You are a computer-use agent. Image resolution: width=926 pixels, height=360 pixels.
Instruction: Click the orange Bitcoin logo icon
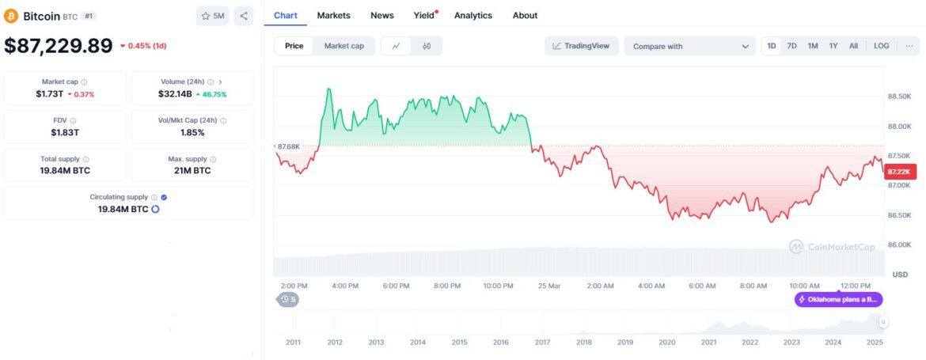coord(11,16)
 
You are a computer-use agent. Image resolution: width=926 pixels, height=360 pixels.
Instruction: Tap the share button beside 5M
coord(244,16)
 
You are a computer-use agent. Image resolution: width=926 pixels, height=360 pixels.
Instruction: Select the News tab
coord(381,15)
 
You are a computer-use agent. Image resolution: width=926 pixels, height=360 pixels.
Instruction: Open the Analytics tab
coord(472,15)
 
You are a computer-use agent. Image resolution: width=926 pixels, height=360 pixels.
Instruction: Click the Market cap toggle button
coord(344,46)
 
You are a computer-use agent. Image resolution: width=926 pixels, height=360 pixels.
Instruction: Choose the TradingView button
coord(581,46)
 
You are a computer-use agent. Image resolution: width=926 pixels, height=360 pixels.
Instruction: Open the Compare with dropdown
coord(689,47)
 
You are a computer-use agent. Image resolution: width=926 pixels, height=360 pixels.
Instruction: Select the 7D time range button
coord(791,46)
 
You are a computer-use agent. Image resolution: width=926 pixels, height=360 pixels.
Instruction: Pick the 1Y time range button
coord(833,46)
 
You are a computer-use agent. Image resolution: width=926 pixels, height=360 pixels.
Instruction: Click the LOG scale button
coord(881,46)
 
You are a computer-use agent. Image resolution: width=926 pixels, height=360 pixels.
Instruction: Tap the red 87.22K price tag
coord(900,171)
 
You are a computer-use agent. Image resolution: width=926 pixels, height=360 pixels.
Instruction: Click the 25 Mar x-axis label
coord(548,286)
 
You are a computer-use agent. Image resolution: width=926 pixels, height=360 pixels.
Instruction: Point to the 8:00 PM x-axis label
coord(447,286)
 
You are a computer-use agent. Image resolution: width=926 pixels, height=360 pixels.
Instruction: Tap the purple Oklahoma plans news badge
coord(838,299)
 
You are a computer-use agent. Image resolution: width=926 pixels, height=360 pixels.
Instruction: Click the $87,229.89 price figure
coord(59,46)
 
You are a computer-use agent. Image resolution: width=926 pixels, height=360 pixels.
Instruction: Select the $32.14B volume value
coord(174,93)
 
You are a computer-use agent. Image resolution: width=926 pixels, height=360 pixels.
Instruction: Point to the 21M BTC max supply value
coord(192,170)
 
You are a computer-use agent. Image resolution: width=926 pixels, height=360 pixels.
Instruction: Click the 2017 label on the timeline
coord(542,343)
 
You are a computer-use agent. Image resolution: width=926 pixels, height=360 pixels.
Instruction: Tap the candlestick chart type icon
coord(427,46)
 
